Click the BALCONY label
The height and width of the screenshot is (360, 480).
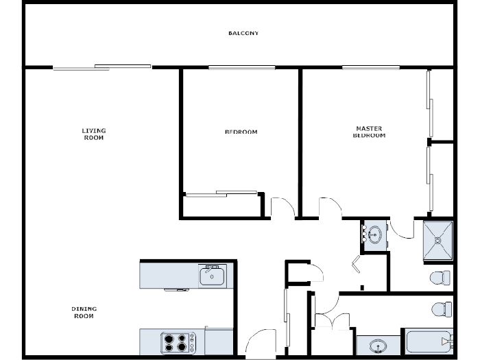(243, 33)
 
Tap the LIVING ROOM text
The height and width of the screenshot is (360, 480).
(94, 134)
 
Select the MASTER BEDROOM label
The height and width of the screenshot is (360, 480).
(369, 132)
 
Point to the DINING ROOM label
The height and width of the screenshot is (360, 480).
(83, 313)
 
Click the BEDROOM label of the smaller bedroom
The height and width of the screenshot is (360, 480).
(241, 132)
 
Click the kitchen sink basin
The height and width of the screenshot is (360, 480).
(212, 276)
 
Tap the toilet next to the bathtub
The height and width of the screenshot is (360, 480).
(442, 309)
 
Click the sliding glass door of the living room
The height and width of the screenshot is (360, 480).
(102, 67)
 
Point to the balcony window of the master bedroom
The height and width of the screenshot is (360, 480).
(371, 67)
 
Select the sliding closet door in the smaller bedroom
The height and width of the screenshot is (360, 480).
(221, 194)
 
